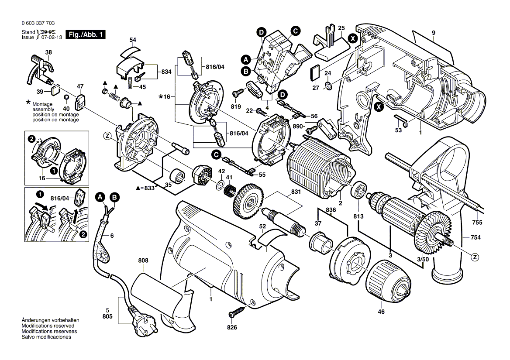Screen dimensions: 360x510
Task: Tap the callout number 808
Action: point(143,261)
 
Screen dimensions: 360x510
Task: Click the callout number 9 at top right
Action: point(434,33)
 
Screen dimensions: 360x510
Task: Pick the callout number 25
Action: point(341,28)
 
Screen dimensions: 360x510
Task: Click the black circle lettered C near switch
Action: point(296,31)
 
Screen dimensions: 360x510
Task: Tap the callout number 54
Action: point(133,40)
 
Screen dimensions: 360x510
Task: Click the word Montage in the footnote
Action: point(42,104)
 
